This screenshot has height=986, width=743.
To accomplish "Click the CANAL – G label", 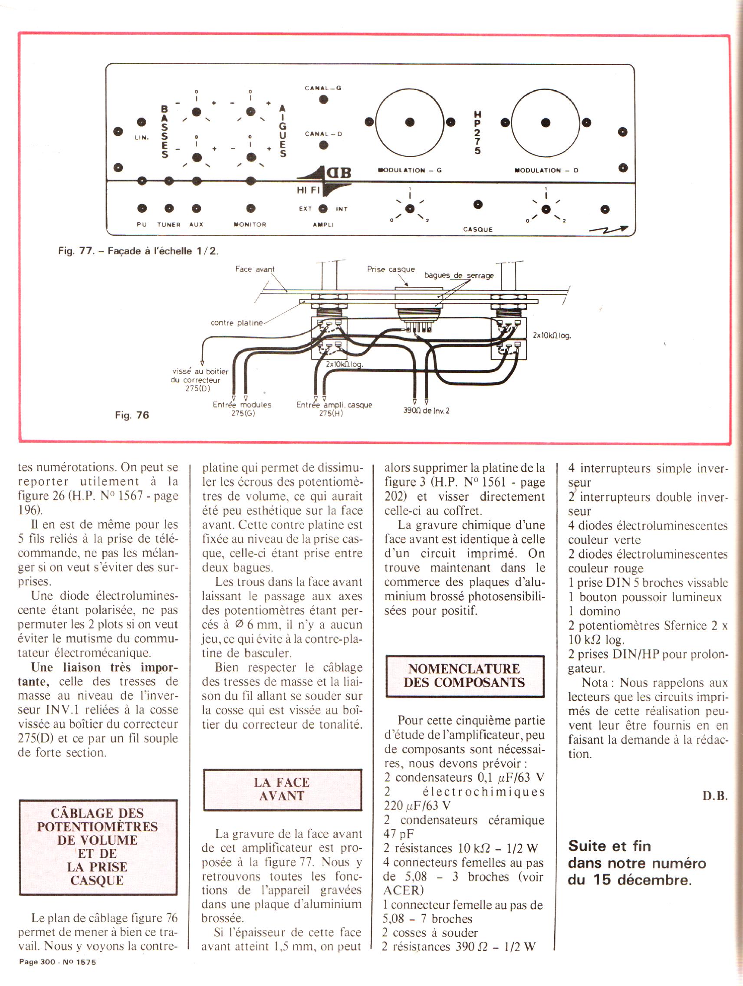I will point(323,88).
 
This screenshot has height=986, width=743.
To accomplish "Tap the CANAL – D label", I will point(323,134).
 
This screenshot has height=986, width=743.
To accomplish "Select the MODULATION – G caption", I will point(410,170).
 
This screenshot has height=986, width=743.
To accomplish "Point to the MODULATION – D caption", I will point(546,170).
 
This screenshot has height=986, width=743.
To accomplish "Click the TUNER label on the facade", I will point(168,225).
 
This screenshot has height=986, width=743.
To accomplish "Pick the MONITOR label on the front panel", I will point(250,225).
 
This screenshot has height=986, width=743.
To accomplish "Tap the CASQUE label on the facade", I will point(478,230).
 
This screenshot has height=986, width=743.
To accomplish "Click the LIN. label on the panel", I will point(142,138).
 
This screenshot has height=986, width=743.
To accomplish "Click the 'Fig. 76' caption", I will point(132,415).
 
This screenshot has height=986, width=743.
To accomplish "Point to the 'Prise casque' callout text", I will point(391,269).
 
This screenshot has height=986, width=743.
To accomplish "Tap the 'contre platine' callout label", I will point(237,323).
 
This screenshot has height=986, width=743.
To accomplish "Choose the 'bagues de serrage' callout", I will point(459,276).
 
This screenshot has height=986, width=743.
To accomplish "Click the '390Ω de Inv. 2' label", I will point(426,411).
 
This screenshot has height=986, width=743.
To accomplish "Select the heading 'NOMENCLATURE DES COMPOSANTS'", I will point(464,676).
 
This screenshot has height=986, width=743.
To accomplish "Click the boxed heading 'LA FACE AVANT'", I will point(282,789).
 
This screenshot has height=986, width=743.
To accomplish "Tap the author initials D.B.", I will point(714,796).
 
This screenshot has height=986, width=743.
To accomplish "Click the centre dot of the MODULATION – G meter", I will point(410,122).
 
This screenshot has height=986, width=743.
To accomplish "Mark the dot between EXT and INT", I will point(323,209).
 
